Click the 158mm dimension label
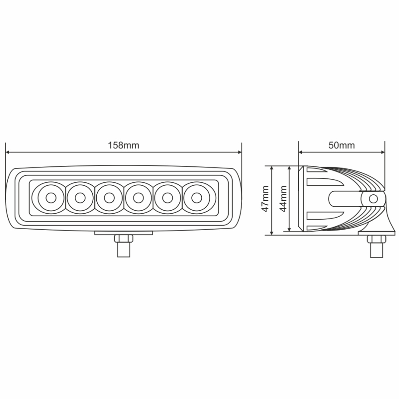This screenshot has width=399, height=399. pos(123,145)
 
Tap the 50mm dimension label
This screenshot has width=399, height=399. pos(342,145)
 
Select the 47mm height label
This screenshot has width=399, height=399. pos(265,199)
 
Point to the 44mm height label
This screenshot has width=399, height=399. pos(283,199)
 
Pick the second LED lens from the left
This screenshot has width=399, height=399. pos(80,198)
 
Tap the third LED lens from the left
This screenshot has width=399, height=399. pos(109,198)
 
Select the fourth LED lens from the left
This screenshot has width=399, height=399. pos(138,198)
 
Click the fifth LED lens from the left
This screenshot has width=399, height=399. pos(167,198)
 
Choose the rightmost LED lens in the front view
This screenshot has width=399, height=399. pos(196,198)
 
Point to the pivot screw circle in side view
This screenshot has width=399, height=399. pos(373,199)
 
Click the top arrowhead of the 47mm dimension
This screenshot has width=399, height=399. pos(271,168)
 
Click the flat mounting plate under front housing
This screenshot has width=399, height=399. pos(123,232)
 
